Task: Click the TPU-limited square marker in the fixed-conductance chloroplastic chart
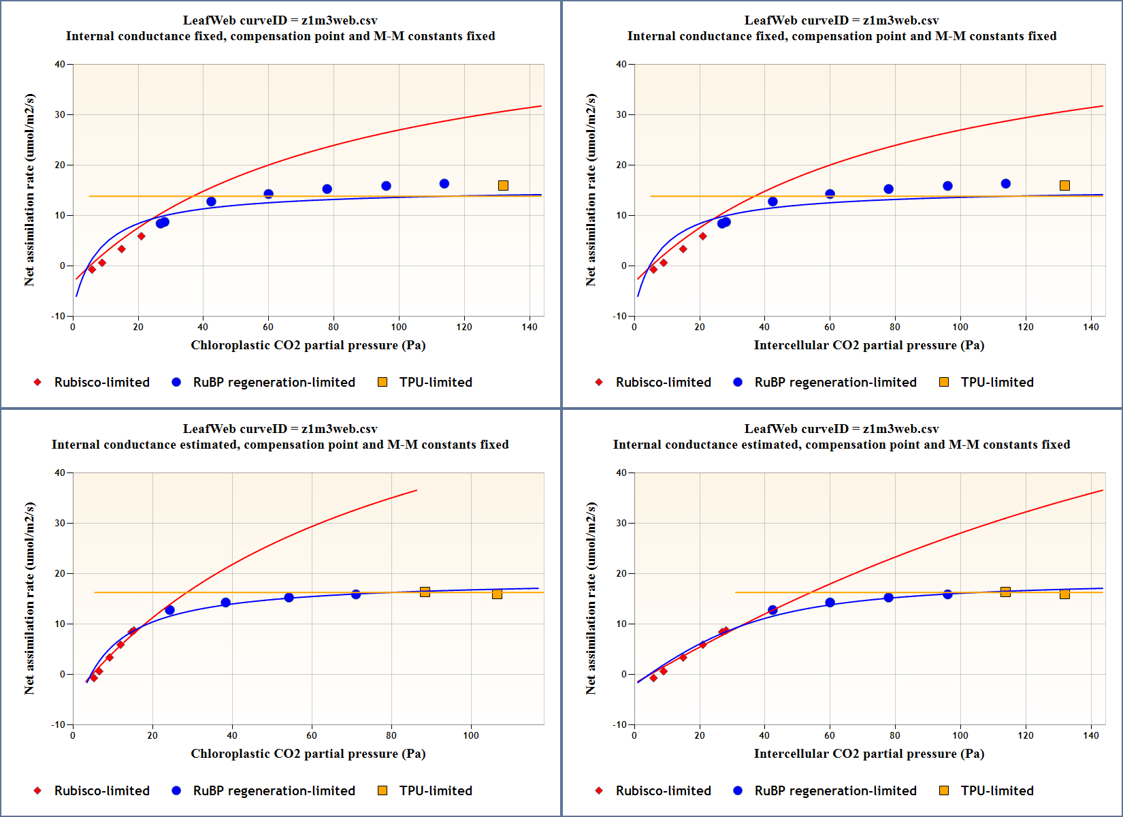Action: (503, 185)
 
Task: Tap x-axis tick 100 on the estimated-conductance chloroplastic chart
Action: (471, 735)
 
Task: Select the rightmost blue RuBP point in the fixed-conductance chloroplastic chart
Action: (444, 184)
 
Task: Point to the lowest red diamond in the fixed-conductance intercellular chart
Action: (653, 270)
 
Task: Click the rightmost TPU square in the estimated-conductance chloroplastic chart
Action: (497, 594)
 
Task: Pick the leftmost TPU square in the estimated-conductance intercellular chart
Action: (1005, 592)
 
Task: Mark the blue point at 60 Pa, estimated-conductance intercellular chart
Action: (830, 603)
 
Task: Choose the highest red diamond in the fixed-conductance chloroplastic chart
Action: (141, 236)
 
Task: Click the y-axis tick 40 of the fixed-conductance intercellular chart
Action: (621, 65)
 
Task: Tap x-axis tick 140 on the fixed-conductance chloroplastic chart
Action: (530, 327)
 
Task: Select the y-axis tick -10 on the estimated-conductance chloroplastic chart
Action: (59, 724)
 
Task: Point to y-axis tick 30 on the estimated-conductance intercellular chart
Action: (621, 523)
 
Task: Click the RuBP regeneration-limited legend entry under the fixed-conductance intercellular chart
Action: (835, 382)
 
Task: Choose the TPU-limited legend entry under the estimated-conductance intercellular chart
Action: (996, 790)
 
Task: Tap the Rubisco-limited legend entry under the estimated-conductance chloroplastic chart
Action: (101, 790)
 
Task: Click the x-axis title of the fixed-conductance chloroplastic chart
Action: (308, 345)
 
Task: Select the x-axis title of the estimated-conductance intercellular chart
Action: (868, 754)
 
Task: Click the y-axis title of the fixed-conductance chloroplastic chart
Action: (29, 190)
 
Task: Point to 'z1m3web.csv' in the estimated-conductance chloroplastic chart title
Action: (339, 429)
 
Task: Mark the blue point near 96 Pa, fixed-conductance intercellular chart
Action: (947, 186)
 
